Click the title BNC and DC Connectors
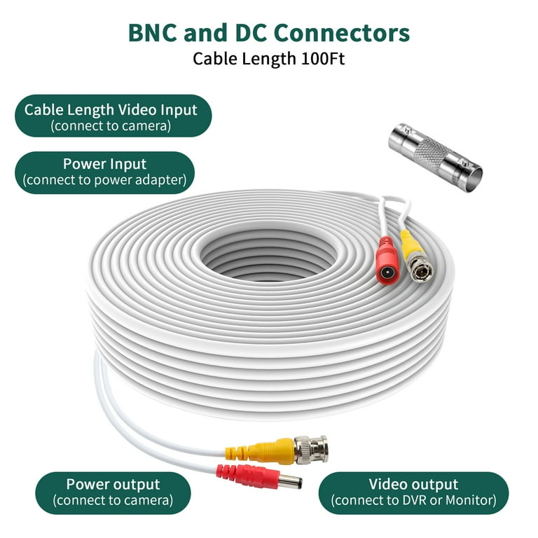pos(269,33)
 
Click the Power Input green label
pos(104,172)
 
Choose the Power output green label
pos(113,492)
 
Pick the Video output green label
pos(413,492)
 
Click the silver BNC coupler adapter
pos(435,150)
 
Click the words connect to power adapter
pos(104,180)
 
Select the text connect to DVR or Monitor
pos(413,500)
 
